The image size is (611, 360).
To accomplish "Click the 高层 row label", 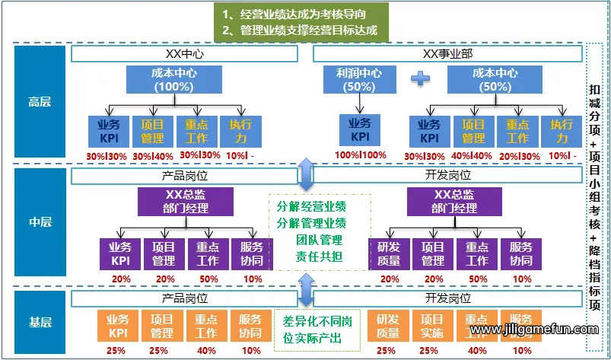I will point(40,100).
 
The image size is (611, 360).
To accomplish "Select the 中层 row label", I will point(40,223).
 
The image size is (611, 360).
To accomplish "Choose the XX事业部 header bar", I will point(448,54).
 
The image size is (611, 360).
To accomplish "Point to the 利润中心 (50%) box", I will point(359,80).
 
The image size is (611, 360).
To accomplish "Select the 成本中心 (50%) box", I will point(495,80).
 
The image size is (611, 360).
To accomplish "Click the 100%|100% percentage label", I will point(360,155).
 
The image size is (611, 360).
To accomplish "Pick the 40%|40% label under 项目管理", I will point(473,155).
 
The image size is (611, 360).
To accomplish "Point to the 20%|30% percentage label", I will point(517,155).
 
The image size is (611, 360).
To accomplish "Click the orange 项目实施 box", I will point(431,327).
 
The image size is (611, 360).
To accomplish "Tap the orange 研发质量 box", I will point(387,327).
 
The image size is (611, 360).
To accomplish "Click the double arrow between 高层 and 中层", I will point(305,174).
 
